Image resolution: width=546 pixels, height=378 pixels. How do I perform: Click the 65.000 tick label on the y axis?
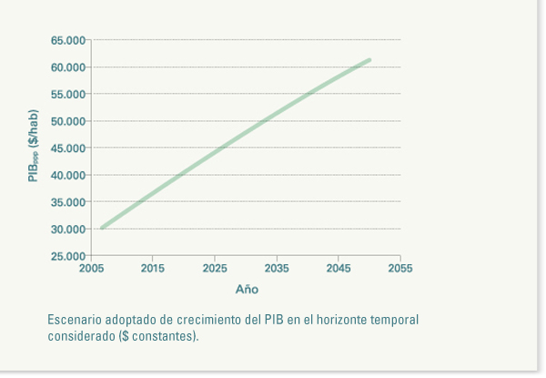tap(68, 41)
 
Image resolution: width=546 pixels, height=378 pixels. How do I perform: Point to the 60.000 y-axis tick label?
tap(68, 67)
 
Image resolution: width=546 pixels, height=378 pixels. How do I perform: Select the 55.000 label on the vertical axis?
tap(68, 94)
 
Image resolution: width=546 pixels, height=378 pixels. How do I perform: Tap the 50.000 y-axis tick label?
tap(68, 121)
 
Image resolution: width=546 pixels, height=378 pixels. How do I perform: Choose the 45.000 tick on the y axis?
tap(68, 148)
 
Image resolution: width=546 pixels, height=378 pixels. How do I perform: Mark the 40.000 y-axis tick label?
tap(68, 175)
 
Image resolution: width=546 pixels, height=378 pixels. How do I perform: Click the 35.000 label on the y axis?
tap(68, 201)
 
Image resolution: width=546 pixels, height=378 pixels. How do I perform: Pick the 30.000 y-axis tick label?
tap(68, 229)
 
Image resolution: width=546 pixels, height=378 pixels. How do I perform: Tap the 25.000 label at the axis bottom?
tap(68, 256)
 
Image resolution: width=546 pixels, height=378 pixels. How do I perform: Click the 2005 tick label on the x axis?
tap(91, 269)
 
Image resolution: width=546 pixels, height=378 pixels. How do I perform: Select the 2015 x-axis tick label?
tap(153, 269)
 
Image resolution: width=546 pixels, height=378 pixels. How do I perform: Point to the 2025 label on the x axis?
tap(215, 269)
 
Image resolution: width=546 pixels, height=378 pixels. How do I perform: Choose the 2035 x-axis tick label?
tap(277, 269)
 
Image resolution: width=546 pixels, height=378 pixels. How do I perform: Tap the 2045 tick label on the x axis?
tap(339, 269)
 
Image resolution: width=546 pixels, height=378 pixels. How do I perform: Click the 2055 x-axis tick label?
tap(400, 269)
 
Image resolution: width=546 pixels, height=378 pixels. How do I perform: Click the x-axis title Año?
tap(247, 290)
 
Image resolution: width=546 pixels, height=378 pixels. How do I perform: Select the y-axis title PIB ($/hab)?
tap(34, 146)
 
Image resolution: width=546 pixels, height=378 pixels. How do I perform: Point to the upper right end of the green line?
tap(369, 60)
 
